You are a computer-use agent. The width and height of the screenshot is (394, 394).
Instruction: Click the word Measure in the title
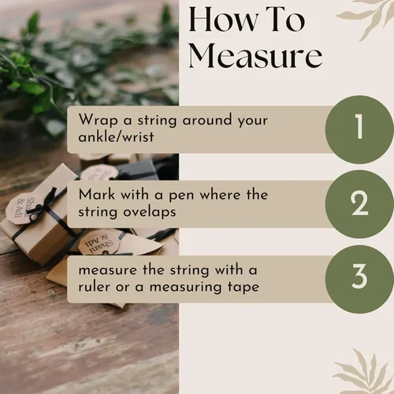(x=255, y=56)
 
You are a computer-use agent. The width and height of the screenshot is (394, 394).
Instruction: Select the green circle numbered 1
(x=359, y=129)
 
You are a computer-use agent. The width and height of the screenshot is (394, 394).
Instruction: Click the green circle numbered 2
(x=359, y=204)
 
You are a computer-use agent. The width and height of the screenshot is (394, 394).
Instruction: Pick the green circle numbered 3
(x=359, y=279)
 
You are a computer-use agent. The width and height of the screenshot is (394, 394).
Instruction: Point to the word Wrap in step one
(x=98, y=121)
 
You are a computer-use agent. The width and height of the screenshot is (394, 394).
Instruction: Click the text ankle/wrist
(x=116, y=137)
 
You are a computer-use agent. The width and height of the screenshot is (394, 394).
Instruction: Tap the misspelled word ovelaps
(x=150, y=212)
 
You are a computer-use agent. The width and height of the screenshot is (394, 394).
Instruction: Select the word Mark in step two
(x=97, y=195)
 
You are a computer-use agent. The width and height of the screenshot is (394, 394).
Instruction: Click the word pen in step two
(x=180, y=196)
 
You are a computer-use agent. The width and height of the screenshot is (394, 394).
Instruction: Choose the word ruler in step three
(x=95, y=286)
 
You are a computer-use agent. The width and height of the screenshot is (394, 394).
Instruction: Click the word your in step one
(x=253, y=121)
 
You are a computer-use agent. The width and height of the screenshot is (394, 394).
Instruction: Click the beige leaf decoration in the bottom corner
(x=364, y=373)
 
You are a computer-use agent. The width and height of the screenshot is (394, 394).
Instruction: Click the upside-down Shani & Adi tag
(x=99, y=243)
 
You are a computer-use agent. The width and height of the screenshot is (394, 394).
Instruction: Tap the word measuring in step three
(x=186, y=288)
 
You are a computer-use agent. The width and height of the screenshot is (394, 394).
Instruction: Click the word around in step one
(x=207, y=120)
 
